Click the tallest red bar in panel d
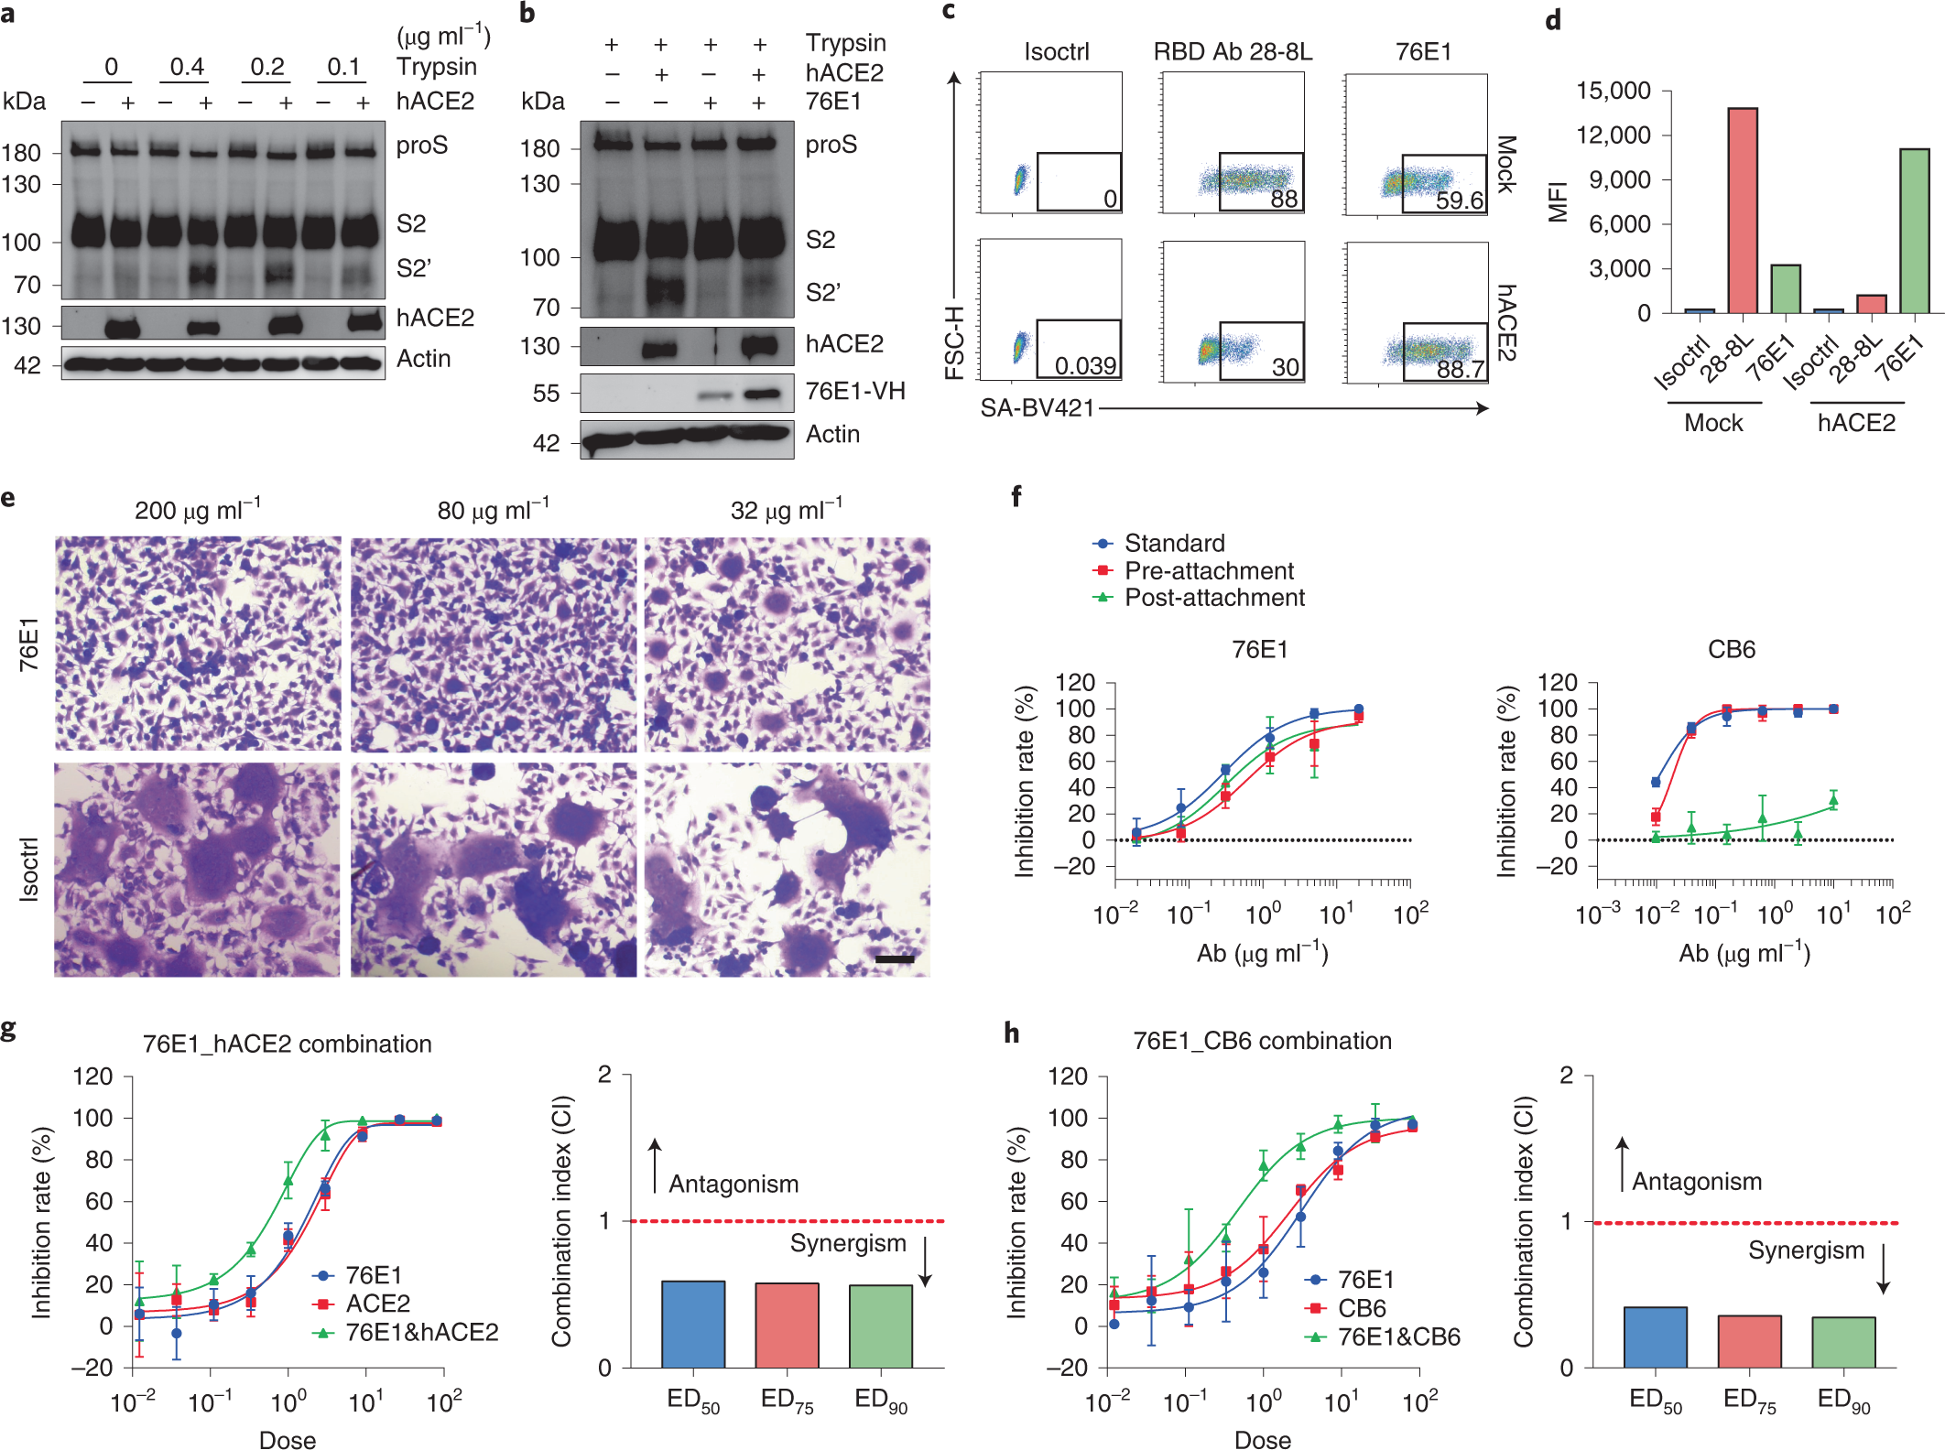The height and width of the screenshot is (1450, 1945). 1742,211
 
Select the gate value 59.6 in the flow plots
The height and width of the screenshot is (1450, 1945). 1460,200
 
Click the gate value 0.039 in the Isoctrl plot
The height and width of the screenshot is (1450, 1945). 1085,366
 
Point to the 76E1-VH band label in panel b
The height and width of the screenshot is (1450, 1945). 854,392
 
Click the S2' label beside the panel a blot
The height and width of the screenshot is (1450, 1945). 414,268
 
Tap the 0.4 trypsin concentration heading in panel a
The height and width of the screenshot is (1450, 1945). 187,67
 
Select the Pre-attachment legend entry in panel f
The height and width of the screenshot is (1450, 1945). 1208,571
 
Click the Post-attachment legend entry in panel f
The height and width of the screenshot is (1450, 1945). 1213,598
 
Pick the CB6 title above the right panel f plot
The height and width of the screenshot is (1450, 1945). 1731,650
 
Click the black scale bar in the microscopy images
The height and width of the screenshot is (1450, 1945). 895,959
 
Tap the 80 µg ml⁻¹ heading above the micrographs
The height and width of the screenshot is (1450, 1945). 493,510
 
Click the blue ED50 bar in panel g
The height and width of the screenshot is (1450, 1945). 693,1324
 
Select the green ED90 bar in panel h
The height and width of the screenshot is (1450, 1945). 1843,1342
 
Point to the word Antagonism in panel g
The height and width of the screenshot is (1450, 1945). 733,1185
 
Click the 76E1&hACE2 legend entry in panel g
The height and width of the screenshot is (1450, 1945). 421,1333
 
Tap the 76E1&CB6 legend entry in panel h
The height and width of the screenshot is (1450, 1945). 1398,1337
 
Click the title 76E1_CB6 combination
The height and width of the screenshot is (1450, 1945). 1262,1041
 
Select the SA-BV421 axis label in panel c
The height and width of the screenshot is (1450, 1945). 1037,408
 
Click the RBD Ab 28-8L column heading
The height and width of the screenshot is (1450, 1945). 1233,52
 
